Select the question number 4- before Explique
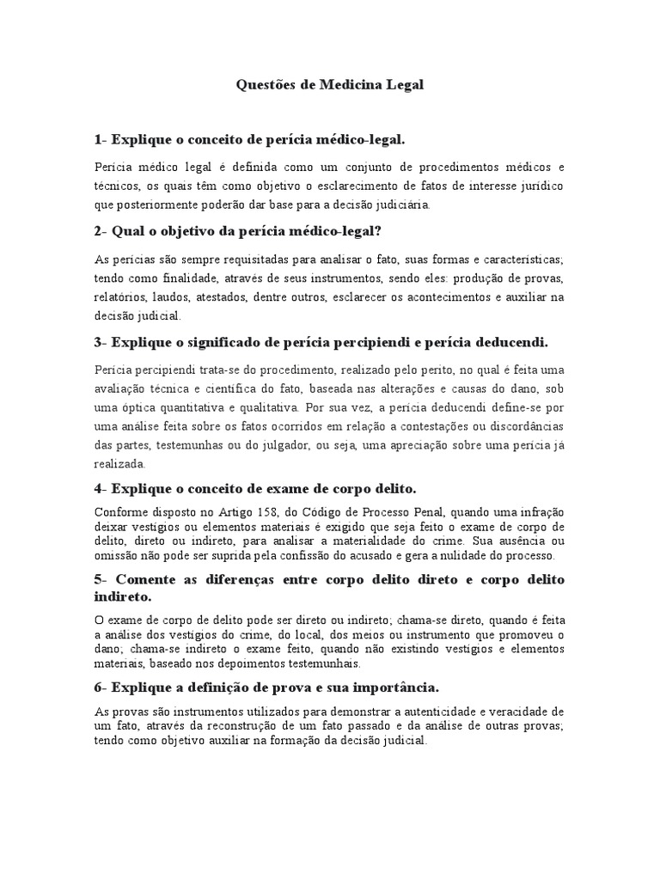point(101,489)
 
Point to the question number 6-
point(101,687)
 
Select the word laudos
point(173,296)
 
